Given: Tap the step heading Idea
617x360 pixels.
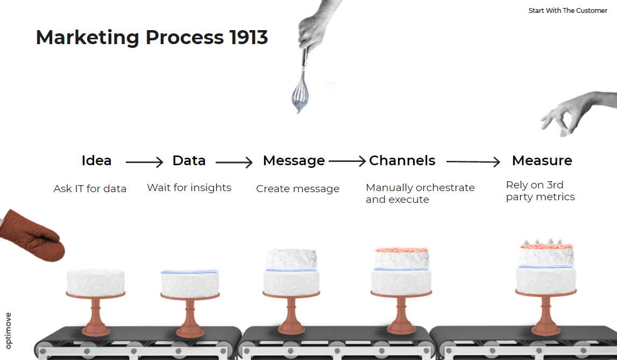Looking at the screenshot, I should [96, 160].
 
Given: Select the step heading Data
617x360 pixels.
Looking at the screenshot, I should [189, 160].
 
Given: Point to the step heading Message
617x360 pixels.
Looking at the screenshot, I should [294, 161].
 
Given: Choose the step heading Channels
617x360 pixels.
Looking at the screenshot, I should [402, 160].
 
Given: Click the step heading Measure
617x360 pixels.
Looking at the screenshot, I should [542, 160].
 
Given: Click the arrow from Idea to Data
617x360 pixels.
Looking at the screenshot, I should [144, 162].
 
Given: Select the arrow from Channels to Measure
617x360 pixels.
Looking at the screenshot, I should [473, 161].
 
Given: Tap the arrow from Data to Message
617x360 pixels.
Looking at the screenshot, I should [234, 162].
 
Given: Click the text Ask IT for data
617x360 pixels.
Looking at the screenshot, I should [90, 189].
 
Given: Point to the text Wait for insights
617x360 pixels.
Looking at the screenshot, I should [189, 188].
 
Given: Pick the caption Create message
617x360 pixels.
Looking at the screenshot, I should [297, 189].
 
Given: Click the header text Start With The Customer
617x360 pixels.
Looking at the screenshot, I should [568, 11].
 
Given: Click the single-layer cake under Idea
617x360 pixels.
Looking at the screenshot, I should [96, 281].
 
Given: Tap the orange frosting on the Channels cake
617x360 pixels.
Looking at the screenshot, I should [401, 250].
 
